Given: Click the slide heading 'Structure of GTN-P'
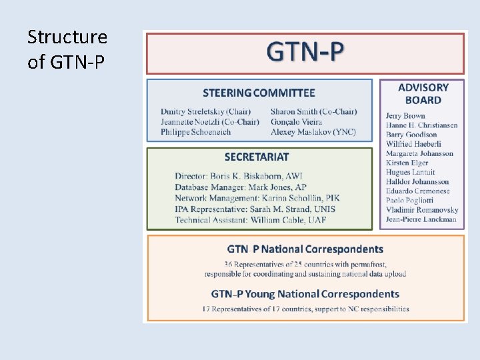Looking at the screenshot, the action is click(67, 49).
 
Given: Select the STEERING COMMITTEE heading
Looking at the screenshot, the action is click(259, 93).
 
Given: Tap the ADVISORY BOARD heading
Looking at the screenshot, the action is click(423, 93).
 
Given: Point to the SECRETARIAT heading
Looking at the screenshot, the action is click(257, 157).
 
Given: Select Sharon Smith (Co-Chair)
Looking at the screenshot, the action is click(314, 111).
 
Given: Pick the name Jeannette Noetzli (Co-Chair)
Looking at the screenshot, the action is click(210, 121).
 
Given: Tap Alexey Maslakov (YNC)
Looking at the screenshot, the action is click(313, 132).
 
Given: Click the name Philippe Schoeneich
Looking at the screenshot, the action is click(196, 132).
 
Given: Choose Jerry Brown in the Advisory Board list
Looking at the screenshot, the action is click(405, 116).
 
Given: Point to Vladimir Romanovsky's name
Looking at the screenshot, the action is click(421, 209).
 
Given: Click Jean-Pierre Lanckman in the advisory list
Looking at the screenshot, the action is click(421, 219).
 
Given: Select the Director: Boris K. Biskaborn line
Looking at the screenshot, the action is click(239, 176).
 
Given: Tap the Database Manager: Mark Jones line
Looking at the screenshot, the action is click(241, 187).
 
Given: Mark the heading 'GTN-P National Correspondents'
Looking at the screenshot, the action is click(305, 249).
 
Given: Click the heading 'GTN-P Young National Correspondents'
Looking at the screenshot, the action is click(305, 294).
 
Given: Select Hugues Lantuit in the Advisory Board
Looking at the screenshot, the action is click(410, 172).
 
